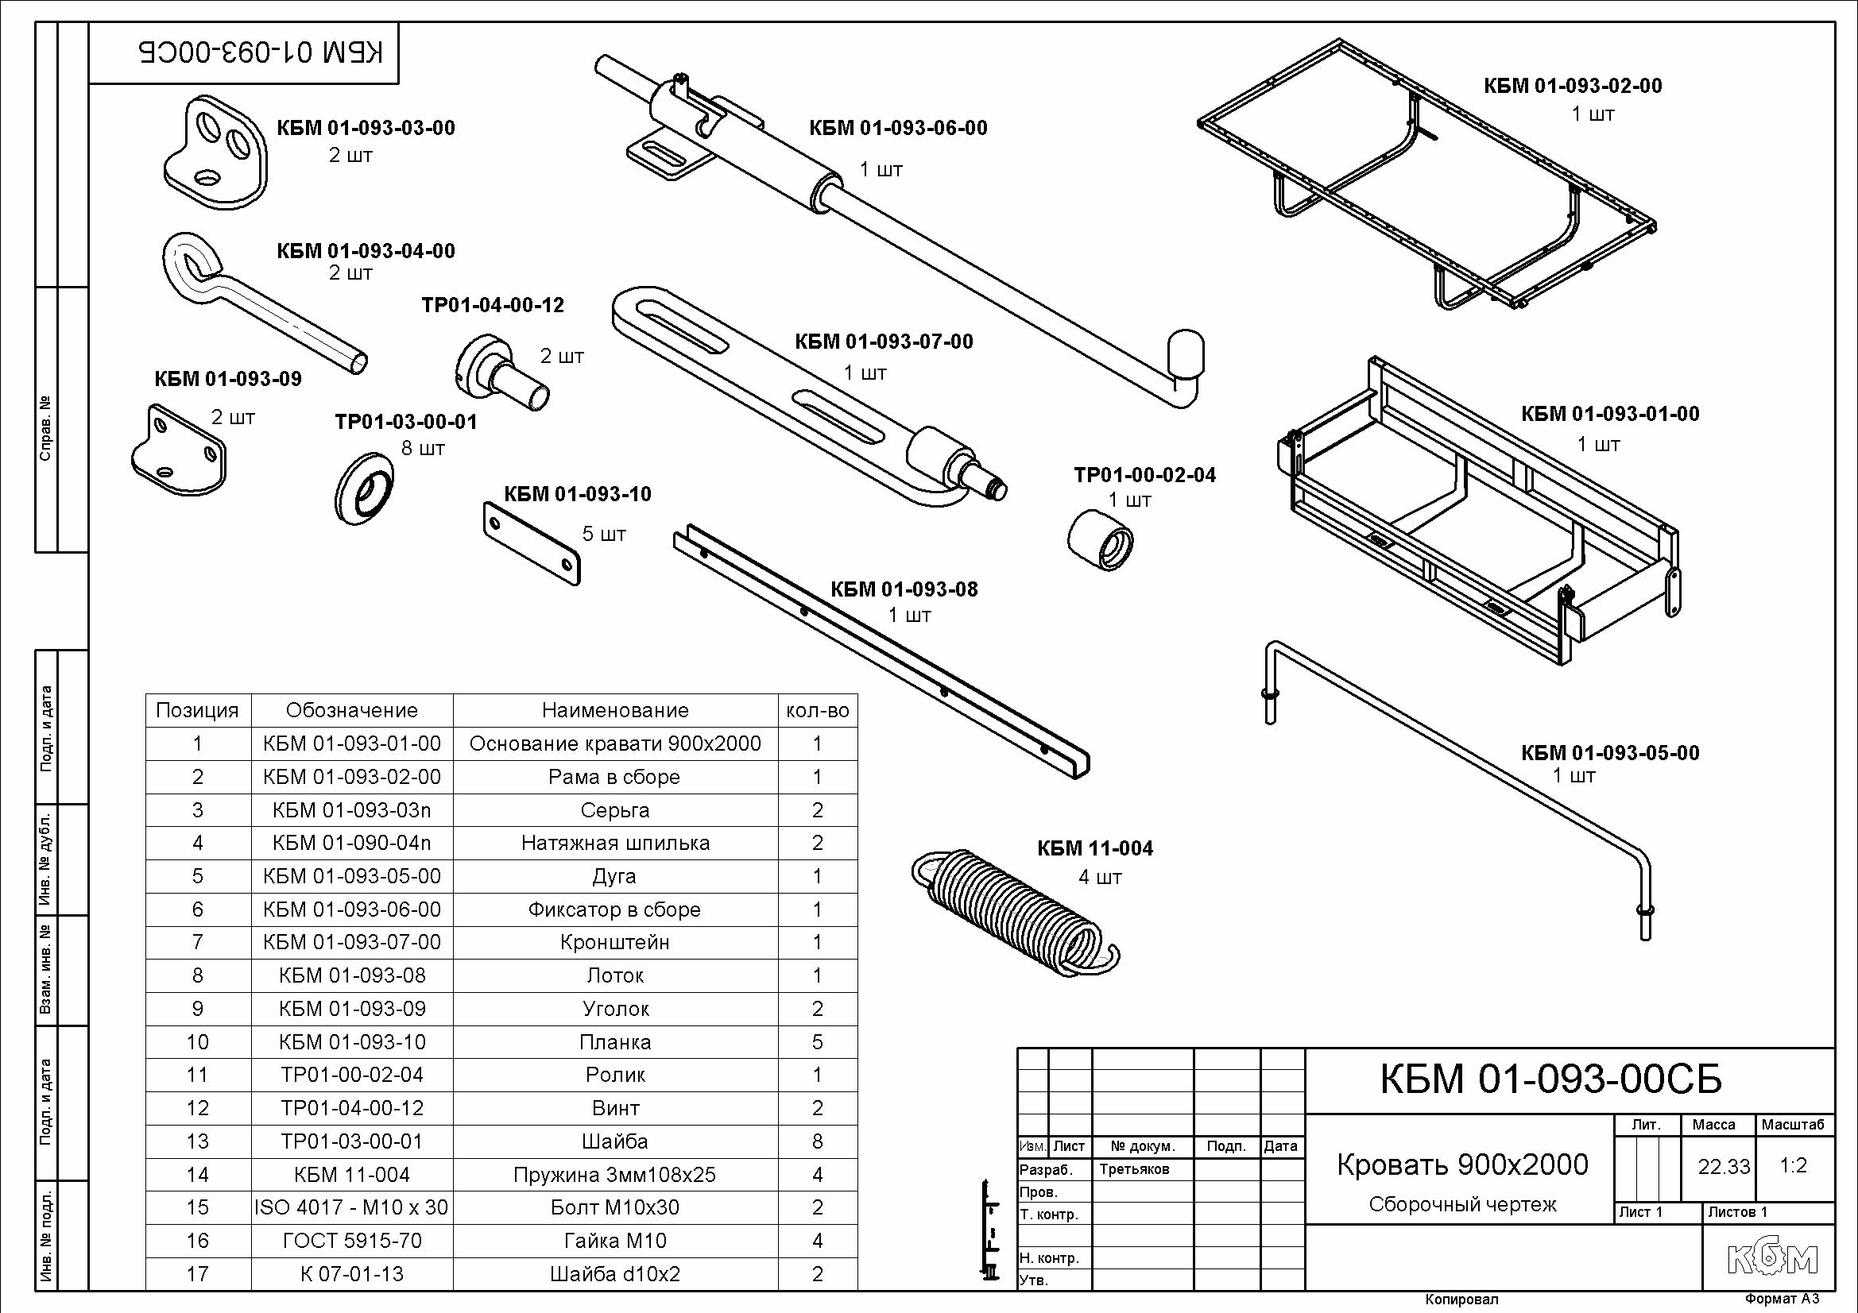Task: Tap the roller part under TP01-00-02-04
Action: (1100, 539)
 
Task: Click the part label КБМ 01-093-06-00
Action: (898, 128)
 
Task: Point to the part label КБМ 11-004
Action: (1095, 848)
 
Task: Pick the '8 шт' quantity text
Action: (424, 448)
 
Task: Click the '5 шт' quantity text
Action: (604, 534)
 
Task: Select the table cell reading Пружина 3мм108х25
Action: (615, 1175)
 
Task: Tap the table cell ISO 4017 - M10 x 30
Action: (351, 1208)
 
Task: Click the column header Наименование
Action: (615, 710)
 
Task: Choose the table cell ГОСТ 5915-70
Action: (351, 1241)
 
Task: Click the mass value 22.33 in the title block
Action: (1724, 1167)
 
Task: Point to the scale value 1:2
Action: (1794, 1166)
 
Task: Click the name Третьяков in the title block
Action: (1135, 1169)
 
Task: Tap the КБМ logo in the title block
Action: (1772, 1259)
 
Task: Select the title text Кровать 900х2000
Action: (1462, 1165)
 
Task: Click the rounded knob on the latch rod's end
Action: (1186, 353)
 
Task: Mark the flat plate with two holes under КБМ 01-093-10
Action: (532, 543)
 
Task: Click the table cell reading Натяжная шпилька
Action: (615, 843)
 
